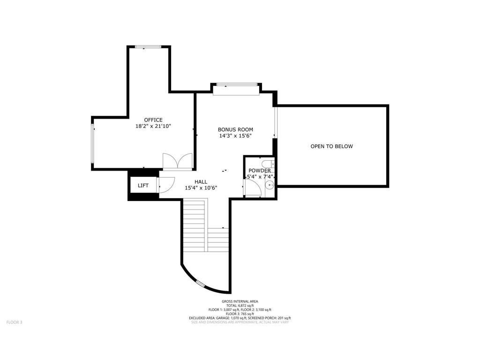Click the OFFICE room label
click(x=153, y=120)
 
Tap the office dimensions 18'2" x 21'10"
click(x=153, y=126)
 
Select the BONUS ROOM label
click(x=235, y=129)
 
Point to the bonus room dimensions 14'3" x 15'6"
click(x=235, y=136)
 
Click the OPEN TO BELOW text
click(x=331, y=146)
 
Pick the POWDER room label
click(x=259, y=171)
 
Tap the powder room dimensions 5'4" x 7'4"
click(x=260, y=177)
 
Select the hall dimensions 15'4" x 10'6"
click(x=201, y=187)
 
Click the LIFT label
click(x=143, y=186)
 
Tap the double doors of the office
click(x=177, y=161)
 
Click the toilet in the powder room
click(x=267, y=164)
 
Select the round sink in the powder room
click(x=269, y=186)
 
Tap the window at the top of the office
click(x=148, y=46)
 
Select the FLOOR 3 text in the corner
click(x=14, y=322)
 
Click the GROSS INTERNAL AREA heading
click(x=240, y=301)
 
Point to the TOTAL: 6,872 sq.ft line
click(x=240, y=306)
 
